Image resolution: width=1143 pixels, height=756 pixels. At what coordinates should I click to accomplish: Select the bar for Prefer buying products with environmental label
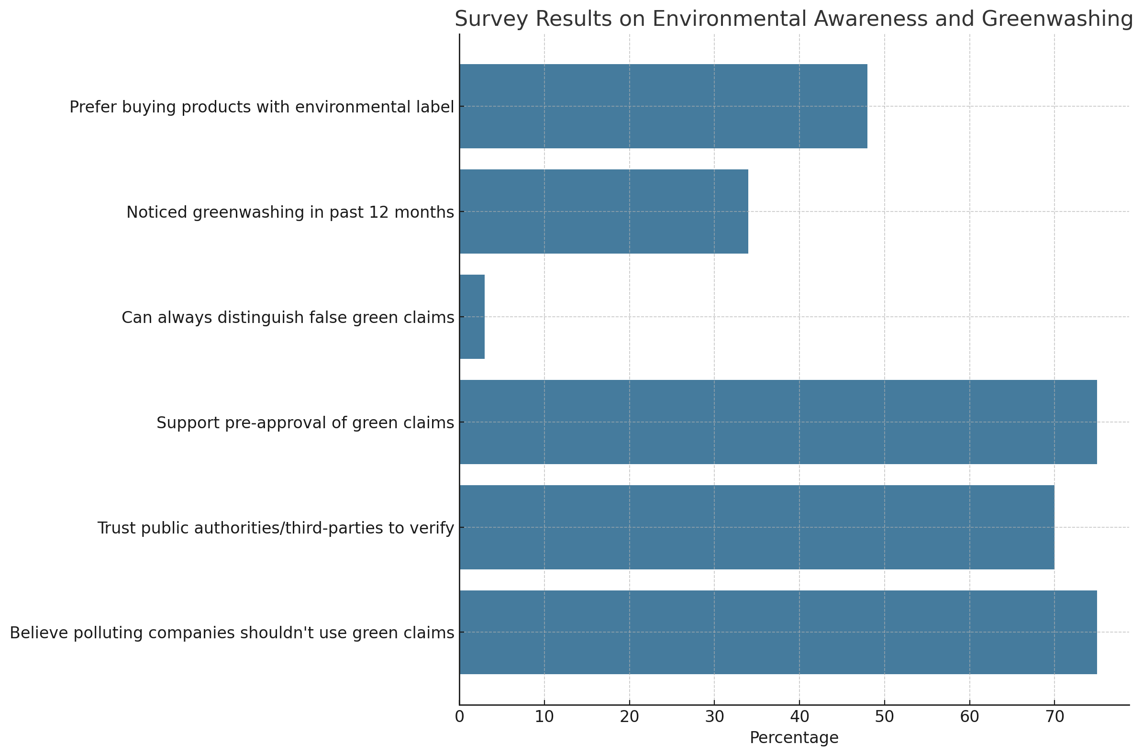[663, 106]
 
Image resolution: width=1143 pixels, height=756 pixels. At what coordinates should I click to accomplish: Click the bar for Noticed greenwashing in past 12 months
[604, 211]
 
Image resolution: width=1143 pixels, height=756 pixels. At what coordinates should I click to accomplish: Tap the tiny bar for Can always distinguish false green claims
[472, 317]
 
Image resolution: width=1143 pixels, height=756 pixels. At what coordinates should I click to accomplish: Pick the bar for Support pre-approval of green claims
[778, 422]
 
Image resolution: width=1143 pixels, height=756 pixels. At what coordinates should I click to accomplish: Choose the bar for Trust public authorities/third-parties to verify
[757, 527]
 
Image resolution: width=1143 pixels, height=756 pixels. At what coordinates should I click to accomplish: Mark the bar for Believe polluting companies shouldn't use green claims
[778, 632]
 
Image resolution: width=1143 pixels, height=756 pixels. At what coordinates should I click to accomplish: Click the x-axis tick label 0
[459, 717]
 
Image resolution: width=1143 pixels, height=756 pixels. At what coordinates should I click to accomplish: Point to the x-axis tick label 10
[544, 717]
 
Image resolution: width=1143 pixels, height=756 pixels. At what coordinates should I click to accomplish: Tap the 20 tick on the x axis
[629, 717]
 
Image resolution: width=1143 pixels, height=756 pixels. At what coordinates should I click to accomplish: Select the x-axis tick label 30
[714, 717]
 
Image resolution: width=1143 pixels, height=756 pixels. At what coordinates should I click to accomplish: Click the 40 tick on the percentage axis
[799, 717]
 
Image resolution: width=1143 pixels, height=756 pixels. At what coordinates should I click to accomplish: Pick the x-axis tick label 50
[884, 717]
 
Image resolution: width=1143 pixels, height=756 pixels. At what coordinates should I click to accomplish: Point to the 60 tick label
[969, 717]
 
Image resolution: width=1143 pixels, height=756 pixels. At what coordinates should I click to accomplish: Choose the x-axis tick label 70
[1054, 717]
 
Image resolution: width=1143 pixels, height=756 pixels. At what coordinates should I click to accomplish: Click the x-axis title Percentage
[794, 738]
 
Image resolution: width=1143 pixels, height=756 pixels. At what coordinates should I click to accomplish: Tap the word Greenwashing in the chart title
[1057, 19]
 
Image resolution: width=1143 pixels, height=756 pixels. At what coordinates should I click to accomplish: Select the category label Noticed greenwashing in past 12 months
[290, 212]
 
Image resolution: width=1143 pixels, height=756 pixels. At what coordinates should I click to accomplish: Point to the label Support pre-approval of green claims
[305, 423]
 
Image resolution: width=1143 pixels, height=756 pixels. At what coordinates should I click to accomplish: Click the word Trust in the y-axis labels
[113, 528]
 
